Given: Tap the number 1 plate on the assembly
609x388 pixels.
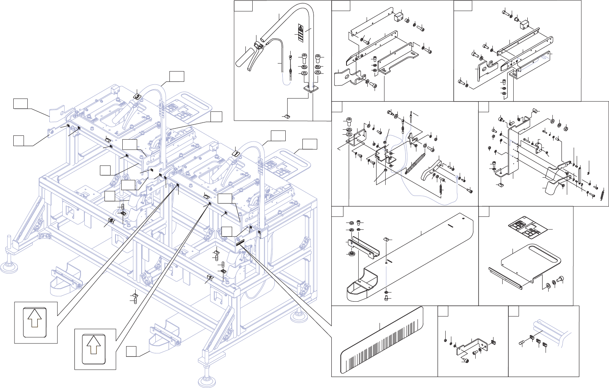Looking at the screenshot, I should [x=236, y=153].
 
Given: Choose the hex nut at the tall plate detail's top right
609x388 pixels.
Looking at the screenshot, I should [x=566, y=127].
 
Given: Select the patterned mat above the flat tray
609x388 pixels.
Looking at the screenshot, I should [x=528, y=227].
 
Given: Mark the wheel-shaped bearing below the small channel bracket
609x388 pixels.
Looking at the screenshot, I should [x=351, y=253].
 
